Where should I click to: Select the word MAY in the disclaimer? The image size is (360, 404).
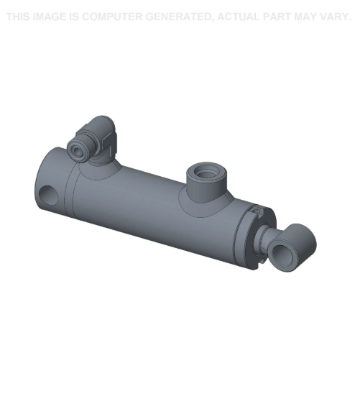305,17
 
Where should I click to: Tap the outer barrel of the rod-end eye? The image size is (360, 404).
302,237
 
